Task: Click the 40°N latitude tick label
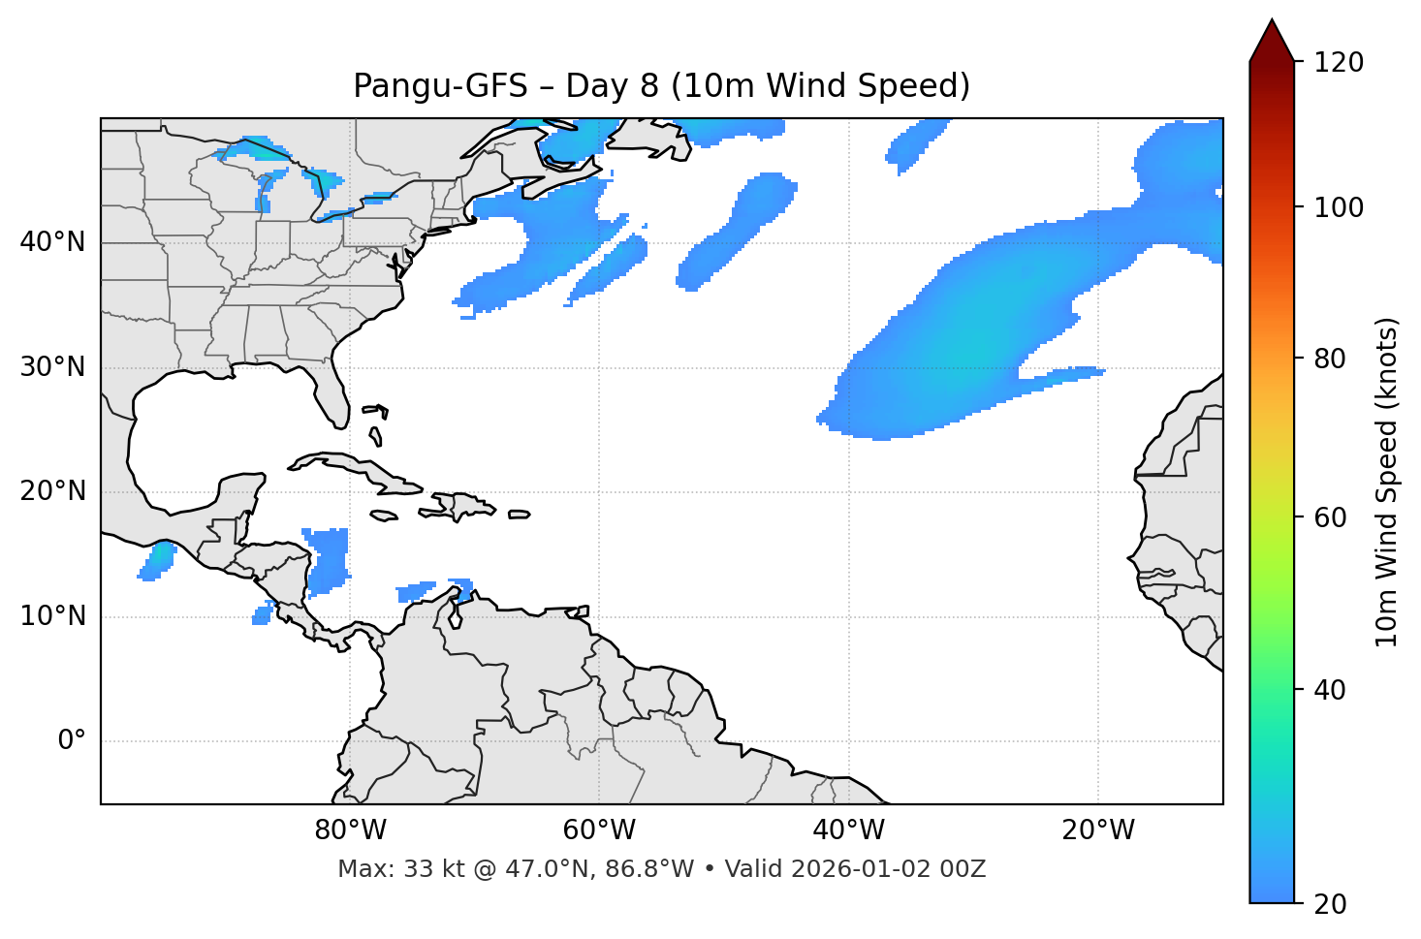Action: [x=52, y=242]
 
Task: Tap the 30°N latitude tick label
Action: [x=52, y=367]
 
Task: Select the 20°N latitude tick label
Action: [x=52, y=491]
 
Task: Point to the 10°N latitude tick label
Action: [x=52, y=616]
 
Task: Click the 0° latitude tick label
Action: [x=72, y=741]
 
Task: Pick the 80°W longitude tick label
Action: [x=350, y=830]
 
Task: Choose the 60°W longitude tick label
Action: [x=599, y=830]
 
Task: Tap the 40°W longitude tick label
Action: [x=848, y=830]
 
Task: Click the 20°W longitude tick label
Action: [x=1097, y=830]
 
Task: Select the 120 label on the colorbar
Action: [x=1339, y=63]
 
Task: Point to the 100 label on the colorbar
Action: [x=1339, y=207]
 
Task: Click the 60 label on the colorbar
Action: [x=1331, y=517]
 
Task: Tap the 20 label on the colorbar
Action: [x=1331, y=904]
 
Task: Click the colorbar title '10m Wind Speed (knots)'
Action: [x=1387, y=482]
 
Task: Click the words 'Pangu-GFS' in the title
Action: [x=440, y=86]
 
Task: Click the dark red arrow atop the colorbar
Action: [x=1272, y=42]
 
